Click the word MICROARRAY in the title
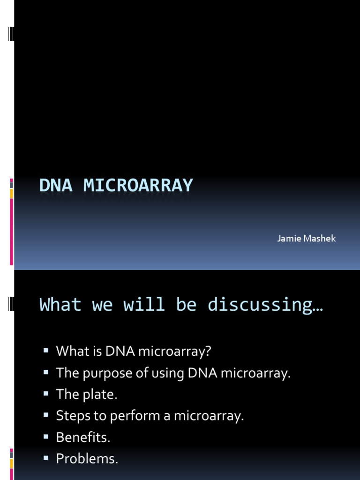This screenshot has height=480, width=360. pos(138,186)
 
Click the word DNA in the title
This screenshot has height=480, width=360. pos(55,186)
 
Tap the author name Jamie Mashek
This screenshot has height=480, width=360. pos(307,239)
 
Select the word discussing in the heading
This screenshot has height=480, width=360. pos(265,305)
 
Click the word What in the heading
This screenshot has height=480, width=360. pos(60,305)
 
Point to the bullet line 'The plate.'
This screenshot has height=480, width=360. pos(86,395)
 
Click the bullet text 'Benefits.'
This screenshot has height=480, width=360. pos(83,438)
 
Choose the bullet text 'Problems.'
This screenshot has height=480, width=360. pos(87,459)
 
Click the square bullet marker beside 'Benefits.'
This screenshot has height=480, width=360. pos(46,436)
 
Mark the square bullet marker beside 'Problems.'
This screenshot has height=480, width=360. pos(46,457)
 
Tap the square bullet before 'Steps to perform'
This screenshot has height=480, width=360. pos(46,414)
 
